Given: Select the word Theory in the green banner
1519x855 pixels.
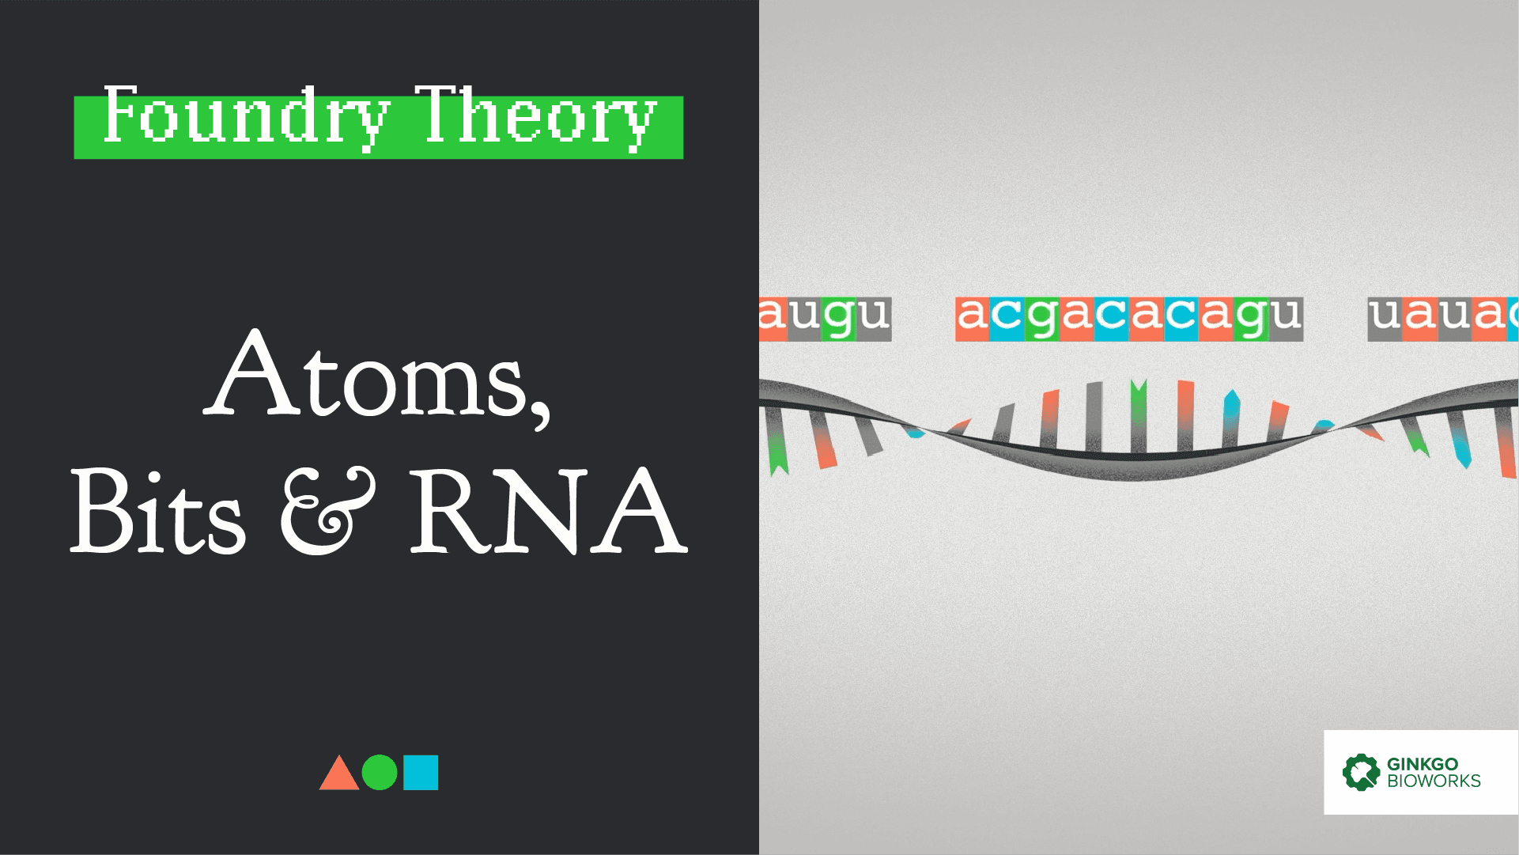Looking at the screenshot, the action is pyautogui.click(x=538, y=117).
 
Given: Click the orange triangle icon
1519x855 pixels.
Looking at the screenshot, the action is pyautogui.click(x=338, y=773).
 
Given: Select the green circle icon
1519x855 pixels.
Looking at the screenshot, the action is pyautogui.click(x=380, y=773).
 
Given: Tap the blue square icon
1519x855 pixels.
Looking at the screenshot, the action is pyautogui.click(x=421, y=773).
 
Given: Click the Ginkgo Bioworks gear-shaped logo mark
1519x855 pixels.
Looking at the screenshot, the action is pyautogui.click(x=1361, y=771).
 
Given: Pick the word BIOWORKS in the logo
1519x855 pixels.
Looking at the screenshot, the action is pyautogui.click(x=1434, y=781).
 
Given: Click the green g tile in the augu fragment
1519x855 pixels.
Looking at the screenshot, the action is pyautogui.click(x=839, y=319).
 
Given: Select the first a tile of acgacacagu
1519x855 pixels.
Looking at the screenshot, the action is pyautogui.click(x=973, y=319).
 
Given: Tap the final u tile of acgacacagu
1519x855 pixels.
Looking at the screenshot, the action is pyautogui.click(x=1286, y=319).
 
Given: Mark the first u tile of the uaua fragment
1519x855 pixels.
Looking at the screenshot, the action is pyautogui.click(x=1385, y=319).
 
